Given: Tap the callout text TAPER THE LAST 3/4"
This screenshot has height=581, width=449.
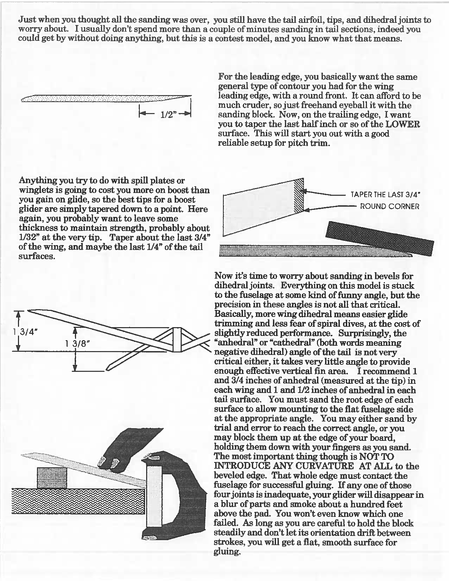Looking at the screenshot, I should (x=386, y=195).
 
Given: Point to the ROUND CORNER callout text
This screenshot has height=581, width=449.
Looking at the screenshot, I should (x=389, y=206).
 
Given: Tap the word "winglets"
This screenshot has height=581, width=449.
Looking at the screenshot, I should (x=35, y=190).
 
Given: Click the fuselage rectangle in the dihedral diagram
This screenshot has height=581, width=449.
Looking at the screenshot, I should (x=177, y=340).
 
